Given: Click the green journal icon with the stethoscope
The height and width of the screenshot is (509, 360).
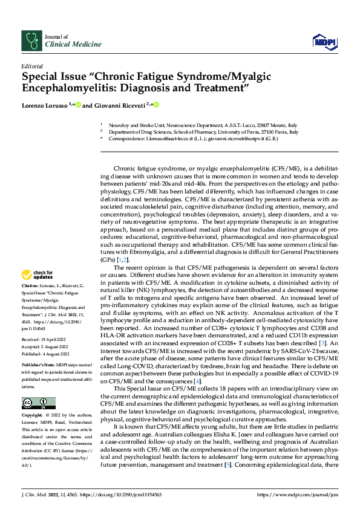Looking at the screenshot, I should tap(31, 40).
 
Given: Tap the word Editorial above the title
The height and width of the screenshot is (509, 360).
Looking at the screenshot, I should tap(32, 65).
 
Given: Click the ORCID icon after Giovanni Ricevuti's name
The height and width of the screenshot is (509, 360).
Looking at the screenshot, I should tap(155, 105).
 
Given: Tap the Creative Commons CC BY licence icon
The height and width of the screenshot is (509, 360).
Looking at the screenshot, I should tap(38, 403).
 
